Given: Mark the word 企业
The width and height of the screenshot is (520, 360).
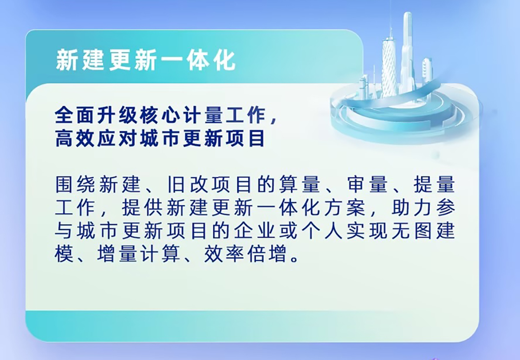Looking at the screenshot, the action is [255, 231].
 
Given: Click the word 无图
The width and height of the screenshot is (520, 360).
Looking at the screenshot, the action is [413, 231].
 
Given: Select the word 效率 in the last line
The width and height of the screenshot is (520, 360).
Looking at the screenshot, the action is [224, 254].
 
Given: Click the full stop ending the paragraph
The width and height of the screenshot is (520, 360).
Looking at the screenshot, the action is [294, 259].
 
